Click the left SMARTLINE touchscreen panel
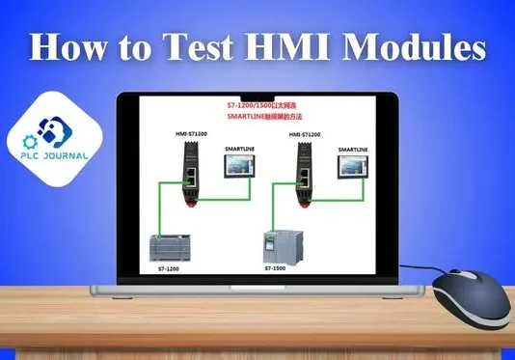(239, 167)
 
